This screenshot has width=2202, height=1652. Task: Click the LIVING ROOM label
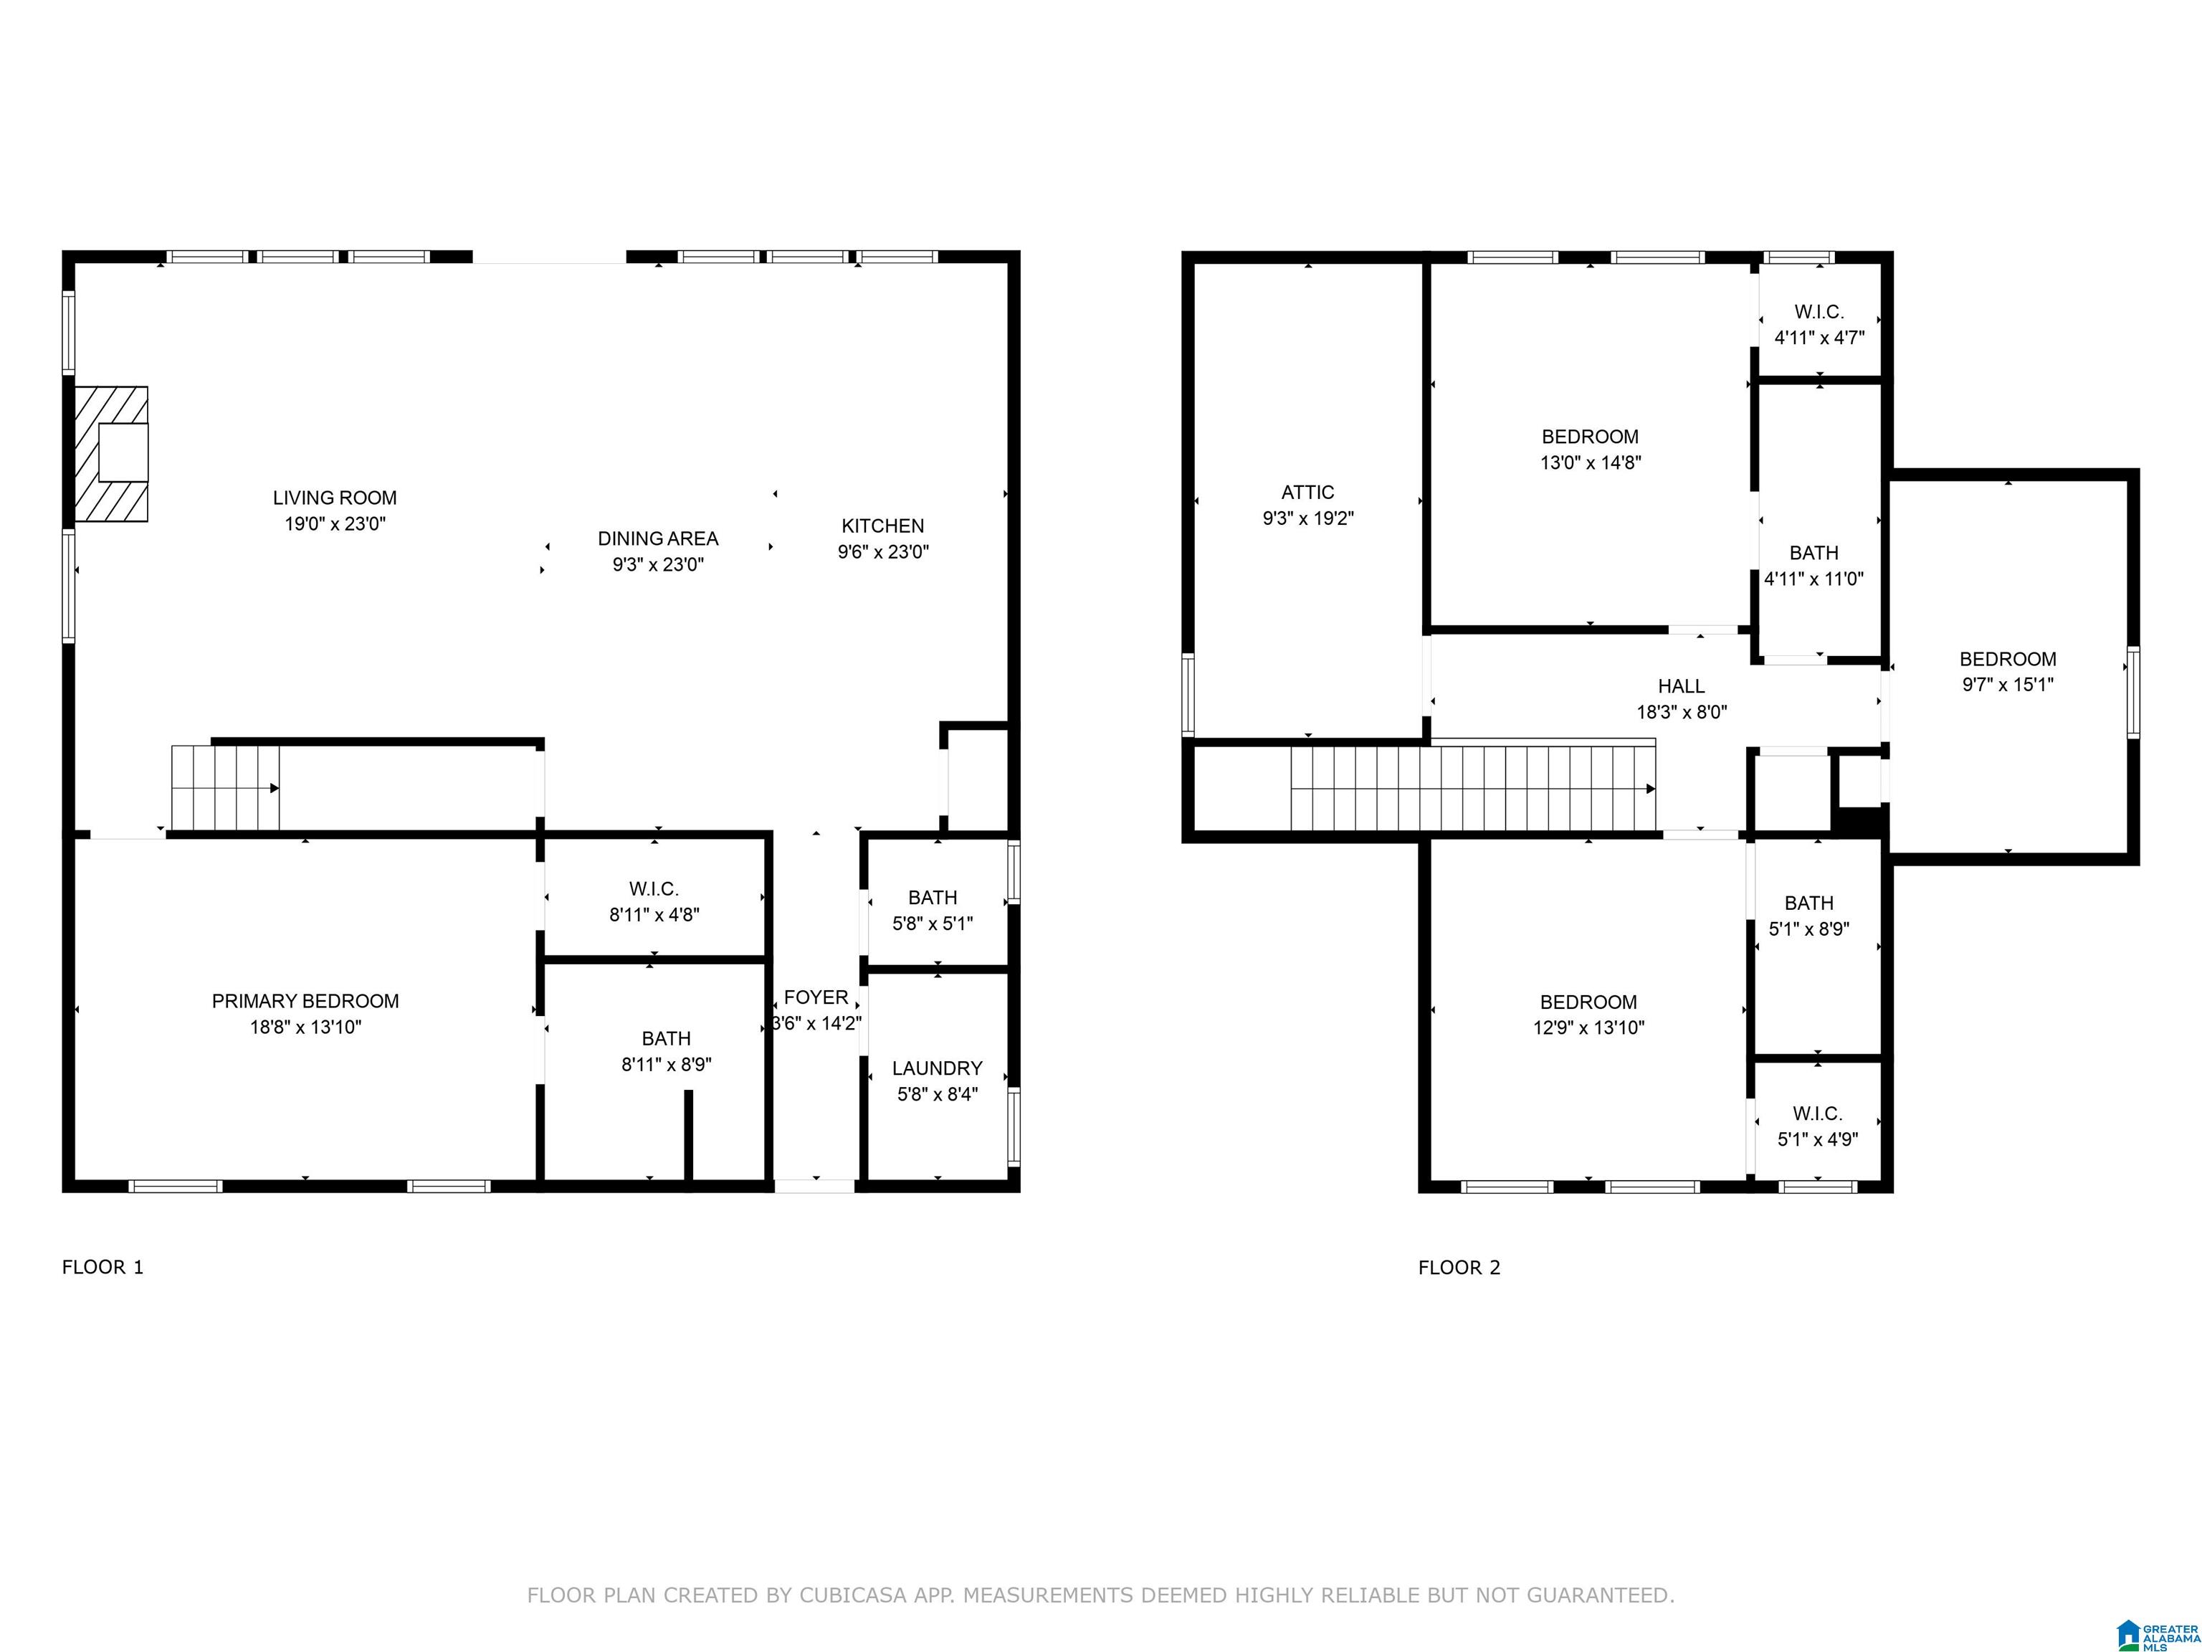pyautogui.click(x=335, y=498)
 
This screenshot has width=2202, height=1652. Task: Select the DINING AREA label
pyautogui.click(x=658, y=538)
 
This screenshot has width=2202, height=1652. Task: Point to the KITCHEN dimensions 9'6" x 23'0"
pyautogui.click(x=883, y=551)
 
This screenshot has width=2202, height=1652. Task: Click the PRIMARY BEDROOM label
pyautogui.click(x=305, y=1001)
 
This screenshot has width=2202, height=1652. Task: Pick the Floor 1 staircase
pyautogui.click(x=226, y=788)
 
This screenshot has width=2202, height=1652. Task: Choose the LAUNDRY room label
pyautogui.click(x=937, y=1068)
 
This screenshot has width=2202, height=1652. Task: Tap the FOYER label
pyautogui.click(x=816, y=998)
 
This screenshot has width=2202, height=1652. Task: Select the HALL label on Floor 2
pyautogui.click(x=1682, y=686)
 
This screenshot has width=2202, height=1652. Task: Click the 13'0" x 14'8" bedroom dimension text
pyautogui.click(x=1591, y=462)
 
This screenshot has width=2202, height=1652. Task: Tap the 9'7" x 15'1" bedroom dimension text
pyautogui.click(x=2008, y=684)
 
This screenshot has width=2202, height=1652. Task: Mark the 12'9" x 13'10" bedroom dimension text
pyautogui.click(x=1589, y=1027)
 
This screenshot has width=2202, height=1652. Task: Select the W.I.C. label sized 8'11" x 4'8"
pyautogui.click(x=654, y=889)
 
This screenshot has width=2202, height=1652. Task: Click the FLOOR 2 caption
pyautogui.click(x=1459, y=1268)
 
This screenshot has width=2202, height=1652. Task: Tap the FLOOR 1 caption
pyautogui.click(x=103, y=1268)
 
